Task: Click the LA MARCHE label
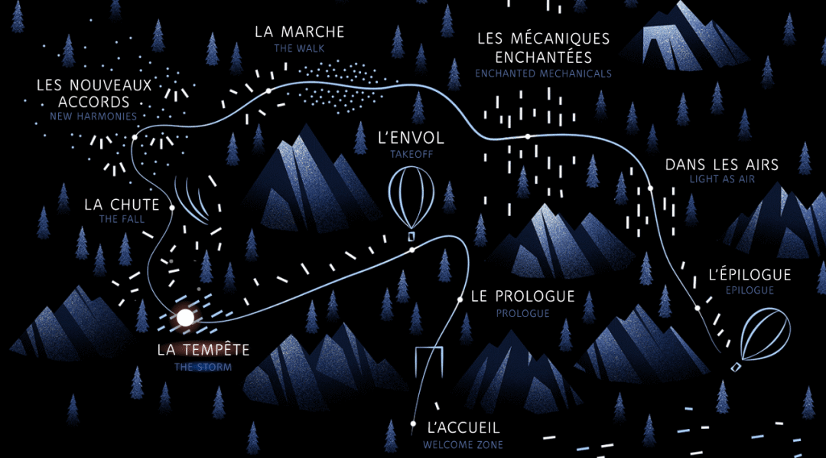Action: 300,32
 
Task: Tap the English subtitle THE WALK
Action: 300,48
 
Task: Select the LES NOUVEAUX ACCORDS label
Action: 94,93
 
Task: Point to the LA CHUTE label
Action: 122,205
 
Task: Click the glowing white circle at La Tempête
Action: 185,317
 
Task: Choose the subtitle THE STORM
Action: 203,367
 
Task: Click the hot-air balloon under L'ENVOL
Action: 411,198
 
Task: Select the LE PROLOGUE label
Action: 522,296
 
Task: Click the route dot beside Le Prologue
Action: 460,299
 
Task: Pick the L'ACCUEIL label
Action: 463,429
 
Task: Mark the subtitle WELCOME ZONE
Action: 463,444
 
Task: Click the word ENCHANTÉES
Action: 543,57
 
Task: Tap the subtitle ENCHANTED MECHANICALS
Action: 543,74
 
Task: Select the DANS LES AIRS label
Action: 721,165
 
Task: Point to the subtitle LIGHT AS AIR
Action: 723,180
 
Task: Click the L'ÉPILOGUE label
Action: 750,275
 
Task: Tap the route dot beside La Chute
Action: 172,208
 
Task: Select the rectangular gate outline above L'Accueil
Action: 430,366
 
